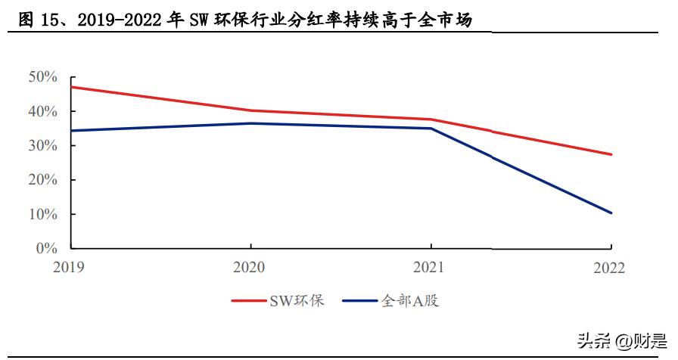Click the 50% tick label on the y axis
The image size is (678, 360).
click(42, 77)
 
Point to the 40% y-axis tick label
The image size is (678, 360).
click(42, 111)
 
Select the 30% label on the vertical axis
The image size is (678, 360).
click(42, 145)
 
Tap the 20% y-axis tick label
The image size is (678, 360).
click(42, 180)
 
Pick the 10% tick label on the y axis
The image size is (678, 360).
click(42, 214)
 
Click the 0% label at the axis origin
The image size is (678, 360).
click(46, 248)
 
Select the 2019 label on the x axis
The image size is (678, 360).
click(70, 267)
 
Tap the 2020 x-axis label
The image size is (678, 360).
click(250, 267)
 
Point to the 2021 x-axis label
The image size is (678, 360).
click(431, 267)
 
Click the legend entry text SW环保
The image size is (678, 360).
click(297, 301)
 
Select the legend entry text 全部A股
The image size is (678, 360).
click(409, 301)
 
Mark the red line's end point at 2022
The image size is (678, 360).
click(611, 154)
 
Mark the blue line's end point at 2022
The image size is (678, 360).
click(611, 213)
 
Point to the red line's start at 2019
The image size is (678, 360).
click(71, 87)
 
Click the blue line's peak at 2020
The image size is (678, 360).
click(250, 123)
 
